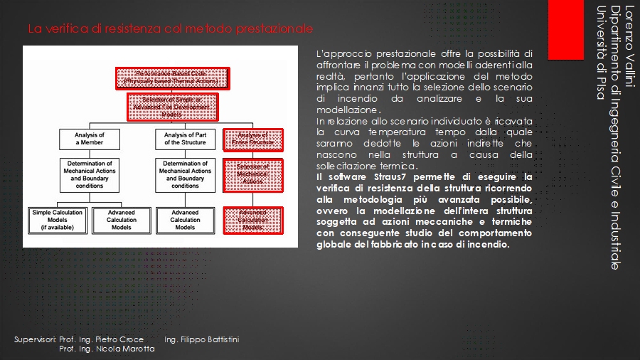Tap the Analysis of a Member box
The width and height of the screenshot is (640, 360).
coord(90,139)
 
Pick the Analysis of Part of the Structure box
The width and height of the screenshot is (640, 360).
coord(185,139)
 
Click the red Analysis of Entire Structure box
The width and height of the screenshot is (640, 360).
coord(253,139)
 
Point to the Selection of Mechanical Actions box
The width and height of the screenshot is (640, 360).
coord(253,174)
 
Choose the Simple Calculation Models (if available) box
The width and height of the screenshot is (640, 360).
coord(57,219)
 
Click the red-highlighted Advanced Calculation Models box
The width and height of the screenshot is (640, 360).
coord(253,219)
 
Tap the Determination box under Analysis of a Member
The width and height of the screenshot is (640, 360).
coord(90,174)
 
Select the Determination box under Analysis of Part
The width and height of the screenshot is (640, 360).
coord(185,174)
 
